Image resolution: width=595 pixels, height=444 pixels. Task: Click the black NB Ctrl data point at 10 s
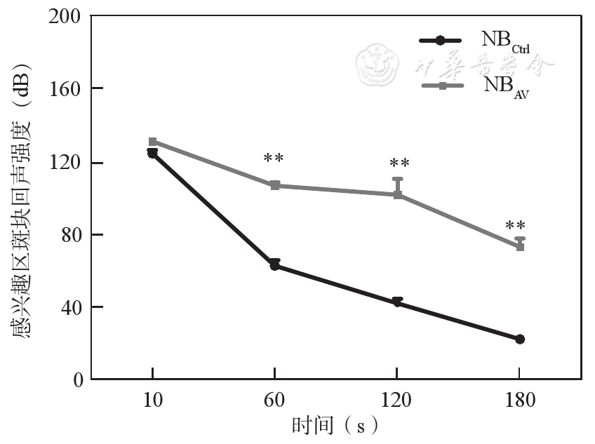(152, 154)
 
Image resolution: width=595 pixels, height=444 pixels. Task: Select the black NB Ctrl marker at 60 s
(274, 266)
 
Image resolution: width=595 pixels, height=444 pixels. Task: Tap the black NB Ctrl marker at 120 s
(397, 302)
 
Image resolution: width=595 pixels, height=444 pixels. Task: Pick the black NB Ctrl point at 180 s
(520, 339)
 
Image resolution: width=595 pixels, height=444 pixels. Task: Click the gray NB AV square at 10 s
(152, 142)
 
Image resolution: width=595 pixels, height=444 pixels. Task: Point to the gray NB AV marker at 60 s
(274, 185)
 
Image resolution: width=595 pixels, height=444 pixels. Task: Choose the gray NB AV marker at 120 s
(397, 194)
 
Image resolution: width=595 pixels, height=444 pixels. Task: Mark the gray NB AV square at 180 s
(520, 247)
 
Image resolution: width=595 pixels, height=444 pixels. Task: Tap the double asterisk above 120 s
(399, 164)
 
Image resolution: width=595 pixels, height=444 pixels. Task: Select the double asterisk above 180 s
(516, 227)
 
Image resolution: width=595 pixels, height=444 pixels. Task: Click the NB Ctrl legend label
(504, 41)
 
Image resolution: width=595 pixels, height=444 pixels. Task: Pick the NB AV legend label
(504, 86)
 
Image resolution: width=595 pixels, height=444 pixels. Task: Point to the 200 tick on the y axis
(65, 15)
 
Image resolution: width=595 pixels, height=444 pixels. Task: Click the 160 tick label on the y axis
(65, 88)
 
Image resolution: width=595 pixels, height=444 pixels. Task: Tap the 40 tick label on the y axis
(70, 307)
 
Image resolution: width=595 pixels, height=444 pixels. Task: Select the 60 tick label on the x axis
(274, 401)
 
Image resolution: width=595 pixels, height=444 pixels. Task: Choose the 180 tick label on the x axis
(520, 401)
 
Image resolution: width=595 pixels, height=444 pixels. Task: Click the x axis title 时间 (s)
(335, 425)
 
